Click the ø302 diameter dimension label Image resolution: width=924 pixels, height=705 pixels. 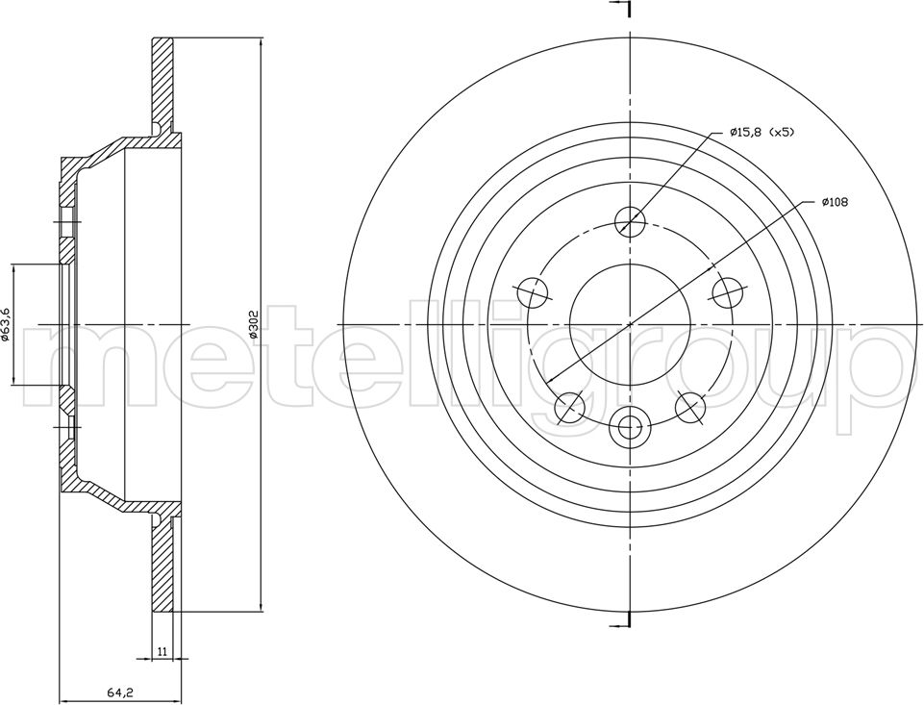[255, 325]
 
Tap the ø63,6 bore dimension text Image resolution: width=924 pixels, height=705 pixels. [6, 325]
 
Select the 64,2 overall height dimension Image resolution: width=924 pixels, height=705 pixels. [118, 692]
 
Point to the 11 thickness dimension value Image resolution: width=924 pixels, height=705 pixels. [162, 651]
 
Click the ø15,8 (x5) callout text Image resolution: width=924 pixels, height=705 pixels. [762, 133]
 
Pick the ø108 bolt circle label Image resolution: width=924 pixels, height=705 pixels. [834, 202]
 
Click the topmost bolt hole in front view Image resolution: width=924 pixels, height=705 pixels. [630, 222]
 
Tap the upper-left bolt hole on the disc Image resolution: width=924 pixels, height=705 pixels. [533, 291]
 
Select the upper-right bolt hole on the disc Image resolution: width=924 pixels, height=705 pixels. [727, 291]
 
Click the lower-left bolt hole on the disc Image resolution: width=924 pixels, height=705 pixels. [570, 407]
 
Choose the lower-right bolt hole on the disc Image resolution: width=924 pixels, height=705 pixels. [690, 407]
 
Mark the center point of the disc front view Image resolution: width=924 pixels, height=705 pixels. [630, 325]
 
